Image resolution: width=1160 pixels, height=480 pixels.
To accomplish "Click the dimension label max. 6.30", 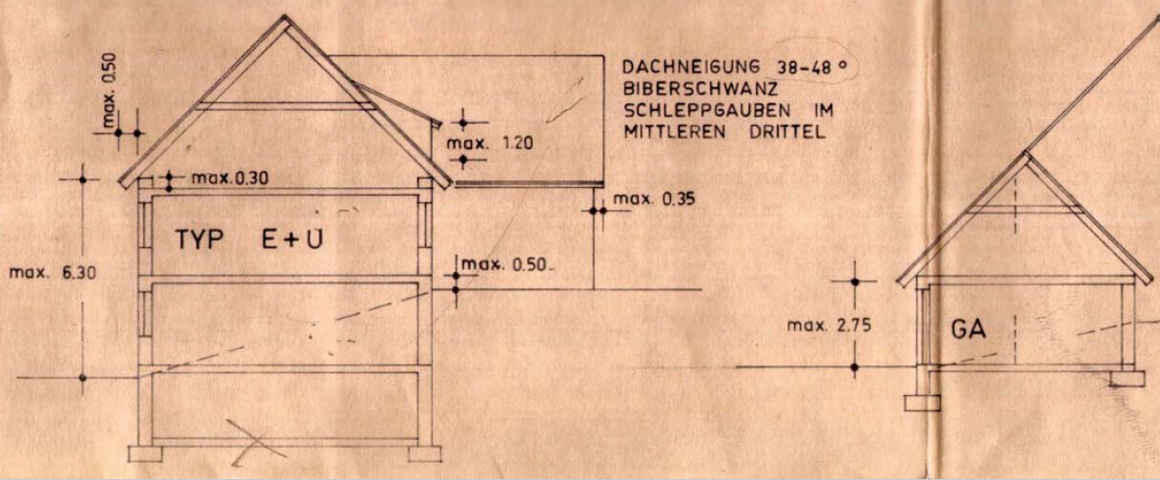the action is click(52, 273).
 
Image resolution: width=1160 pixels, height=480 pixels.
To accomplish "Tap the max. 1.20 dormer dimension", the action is click(490, 143).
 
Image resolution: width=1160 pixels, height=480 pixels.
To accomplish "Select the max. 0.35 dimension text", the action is click(654, 199).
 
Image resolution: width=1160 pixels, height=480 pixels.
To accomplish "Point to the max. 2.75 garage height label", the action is click(829, 326).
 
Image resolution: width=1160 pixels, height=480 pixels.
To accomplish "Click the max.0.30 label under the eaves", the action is click(230, 178).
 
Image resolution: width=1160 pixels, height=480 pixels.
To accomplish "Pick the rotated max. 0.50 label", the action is click(110, 91).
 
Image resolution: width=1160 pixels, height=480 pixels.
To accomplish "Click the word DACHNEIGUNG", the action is click(691, 67).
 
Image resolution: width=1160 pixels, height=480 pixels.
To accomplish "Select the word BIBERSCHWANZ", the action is click(701, 89).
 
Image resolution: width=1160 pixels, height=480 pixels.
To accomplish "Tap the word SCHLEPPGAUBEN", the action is click(707, 111).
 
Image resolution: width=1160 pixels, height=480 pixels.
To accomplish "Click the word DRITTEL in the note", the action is click(787, 133).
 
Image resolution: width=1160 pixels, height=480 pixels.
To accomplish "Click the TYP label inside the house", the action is click(200, 240).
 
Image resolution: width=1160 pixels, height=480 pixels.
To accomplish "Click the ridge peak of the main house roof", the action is click(285, 17).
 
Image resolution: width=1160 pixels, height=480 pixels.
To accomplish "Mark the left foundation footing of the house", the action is click(145, 454).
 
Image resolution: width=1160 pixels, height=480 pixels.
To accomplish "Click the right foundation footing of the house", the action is click(425, 454).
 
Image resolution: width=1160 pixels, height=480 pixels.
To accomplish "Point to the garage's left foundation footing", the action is click(923, 403).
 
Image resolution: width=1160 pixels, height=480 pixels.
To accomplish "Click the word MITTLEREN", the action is click(674, 133).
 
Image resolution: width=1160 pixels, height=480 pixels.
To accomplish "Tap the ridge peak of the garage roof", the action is click(1026, 153).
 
